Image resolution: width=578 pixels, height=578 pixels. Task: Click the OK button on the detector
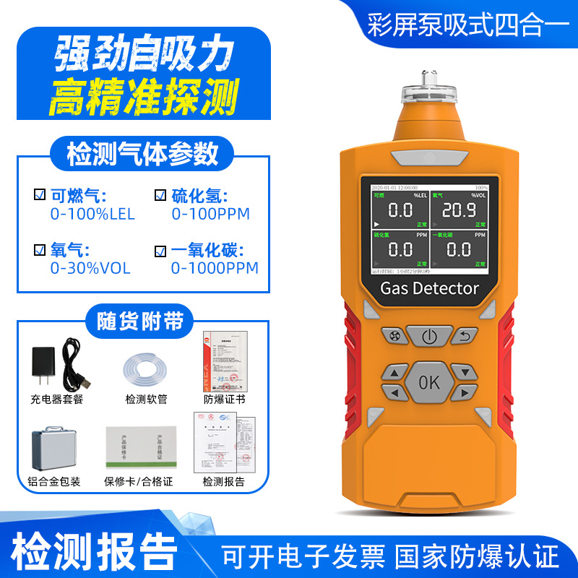(x=428, y=381)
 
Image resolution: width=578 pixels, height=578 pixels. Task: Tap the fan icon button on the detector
(x=394, y=336)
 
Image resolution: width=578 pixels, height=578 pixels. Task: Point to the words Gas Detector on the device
(x=429, y=288)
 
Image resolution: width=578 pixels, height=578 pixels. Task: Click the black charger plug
(x=46, y=367)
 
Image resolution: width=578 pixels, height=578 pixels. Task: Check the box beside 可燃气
(x=40, y=195)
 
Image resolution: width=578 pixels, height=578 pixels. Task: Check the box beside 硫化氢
(x=160, y=195)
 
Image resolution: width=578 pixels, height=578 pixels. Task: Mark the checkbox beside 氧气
(x=40, y=250)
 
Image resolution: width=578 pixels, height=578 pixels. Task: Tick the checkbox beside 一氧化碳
(x=160, y=251)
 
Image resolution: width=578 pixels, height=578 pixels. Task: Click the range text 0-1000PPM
(x=215, y=268)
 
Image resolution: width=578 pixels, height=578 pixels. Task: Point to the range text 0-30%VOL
(x=90, y=268)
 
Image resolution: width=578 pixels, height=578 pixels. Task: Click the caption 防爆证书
(x=224, y=399)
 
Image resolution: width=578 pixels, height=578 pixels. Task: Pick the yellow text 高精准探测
(x=143, y=99)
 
